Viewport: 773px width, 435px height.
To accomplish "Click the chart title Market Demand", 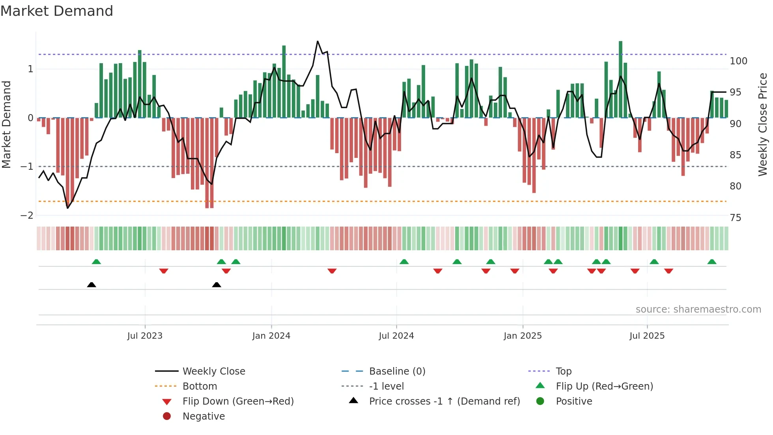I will (x=57, y=11).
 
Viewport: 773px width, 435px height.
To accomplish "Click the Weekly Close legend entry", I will (x=213, y=371).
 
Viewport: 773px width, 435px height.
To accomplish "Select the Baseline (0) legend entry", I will (x=397, y=371).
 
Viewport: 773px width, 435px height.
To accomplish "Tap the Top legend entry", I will (x=563, y=371).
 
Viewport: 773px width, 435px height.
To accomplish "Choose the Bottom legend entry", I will (x=200, y=386).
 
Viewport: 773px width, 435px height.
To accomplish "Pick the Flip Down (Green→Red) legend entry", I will (x=238, y=401).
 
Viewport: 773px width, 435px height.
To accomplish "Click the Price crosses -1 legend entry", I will (x=444, y=401).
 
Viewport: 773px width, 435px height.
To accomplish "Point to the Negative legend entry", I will (x=204, y=416).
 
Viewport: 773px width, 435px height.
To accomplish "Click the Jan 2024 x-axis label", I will (x=271, y=336).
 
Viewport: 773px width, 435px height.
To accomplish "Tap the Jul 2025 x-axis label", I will (x=647, y=336).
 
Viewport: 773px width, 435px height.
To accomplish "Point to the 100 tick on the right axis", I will (x=738, y=61).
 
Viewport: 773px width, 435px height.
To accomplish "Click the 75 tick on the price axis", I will (x=735, y=218).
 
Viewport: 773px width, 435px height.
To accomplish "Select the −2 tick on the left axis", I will (x=27, y=216).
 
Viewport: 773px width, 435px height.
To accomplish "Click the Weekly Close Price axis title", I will (x=763, y=124).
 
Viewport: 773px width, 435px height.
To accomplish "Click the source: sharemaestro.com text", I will (x=698, y=309).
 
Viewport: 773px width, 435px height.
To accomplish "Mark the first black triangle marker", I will (x=91, y=285).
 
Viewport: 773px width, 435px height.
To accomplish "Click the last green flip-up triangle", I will (x=712, y=262).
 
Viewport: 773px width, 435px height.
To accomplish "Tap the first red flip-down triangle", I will (x=164, y=271).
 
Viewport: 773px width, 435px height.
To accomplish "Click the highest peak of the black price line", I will (x=318, y=41).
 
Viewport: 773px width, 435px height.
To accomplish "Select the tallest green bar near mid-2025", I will (x=620, y=79).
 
